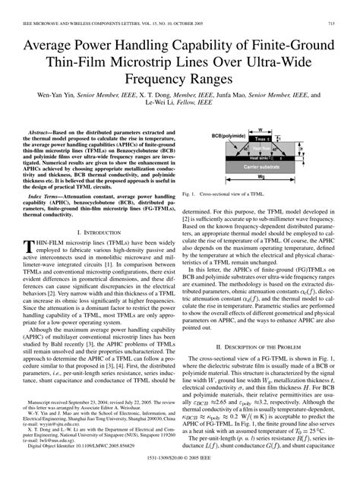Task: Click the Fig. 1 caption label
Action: click(x=190, y=194)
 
